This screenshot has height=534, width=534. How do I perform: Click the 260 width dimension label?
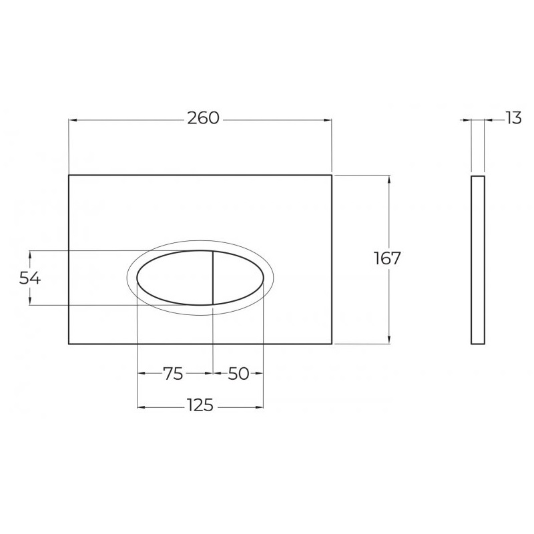pyautogui.click(x=203, y=118)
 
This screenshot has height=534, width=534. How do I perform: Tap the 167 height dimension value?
pyautogui.click(x=387, y=259)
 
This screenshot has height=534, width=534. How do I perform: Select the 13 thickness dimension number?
pyautogui.click(x=513, y=118)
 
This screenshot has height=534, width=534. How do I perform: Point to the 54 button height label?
pyautogui.click(x=30, y=278)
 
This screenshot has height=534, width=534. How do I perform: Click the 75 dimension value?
pyautogui.click(x=173, y=374)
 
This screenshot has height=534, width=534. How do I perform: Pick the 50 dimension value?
pyautogui.click(x=238, y=374)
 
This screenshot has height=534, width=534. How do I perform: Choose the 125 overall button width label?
pyautogui.click(x=200, y=406)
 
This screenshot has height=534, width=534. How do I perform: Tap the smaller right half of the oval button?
pyautogui.click(x=237, y=278)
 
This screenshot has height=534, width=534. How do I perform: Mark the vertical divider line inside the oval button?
pyautogui.click(x=212, y=278)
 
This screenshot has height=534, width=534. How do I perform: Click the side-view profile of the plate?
pyautogui.click(x=477, y=260)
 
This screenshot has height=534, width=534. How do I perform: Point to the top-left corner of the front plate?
pyautogui.click(x=69, y=176)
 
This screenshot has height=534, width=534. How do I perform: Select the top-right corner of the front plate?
pyautogui.click(x=332, y=176)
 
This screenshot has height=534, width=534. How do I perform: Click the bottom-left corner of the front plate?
pyautogui.click(x=69, y=344)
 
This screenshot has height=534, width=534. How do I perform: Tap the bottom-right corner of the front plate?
pyautogui.click(x=332, y=344)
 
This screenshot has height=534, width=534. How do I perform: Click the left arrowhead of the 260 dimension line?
pyautogui.click(x=73, y=120)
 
